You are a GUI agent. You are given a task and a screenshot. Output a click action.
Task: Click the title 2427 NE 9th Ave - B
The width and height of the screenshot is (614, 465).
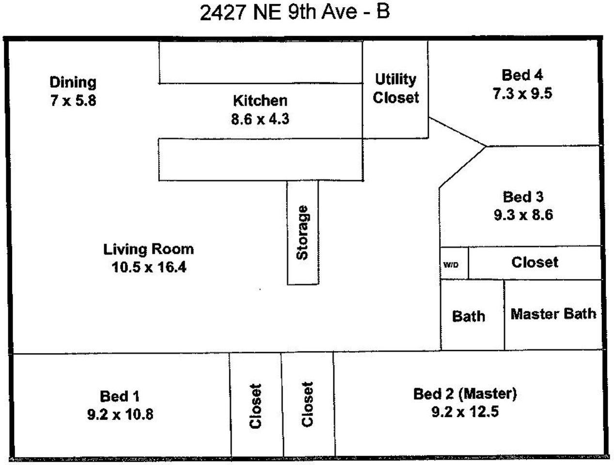295,12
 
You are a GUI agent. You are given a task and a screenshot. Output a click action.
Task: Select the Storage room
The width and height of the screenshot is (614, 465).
303,232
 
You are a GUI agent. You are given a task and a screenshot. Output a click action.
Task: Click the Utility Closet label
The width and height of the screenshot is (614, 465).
395,88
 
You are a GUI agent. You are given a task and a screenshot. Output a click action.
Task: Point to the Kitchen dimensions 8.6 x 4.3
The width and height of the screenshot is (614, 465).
260,119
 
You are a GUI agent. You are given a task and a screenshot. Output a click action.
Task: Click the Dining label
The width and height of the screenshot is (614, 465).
73,82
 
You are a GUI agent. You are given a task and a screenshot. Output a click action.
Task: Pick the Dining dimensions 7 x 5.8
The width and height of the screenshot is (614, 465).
73,101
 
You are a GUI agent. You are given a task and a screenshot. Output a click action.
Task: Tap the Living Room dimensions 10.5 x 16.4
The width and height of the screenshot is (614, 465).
149,267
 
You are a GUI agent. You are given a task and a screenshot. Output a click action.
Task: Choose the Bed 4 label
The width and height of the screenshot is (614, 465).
522,75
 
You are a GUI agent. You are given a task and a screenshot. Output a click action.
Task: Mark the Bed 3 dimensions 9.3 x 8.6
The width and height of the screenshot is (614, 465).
523,215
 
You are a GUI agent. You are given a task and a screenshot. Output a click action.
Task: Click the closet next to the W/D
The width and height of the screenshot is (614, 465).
535,263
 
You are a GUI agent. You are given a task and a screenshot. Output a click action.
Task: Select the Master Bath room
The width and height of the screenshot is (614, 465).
553,314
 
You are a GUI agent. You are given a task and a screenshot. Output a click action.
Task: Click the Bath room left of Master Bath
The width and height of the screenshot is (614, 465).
469,316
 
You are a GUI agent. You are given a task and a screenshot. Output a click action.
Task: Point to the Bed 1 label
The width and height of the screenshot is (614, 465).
120,396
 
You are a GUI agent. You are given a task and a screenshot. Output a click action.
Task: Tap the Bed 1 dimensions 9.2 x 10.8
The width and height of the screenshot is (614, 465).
120,415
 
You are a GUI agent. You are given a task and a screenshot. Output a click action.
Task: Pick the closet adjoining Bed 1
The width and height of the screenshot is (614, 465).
255,406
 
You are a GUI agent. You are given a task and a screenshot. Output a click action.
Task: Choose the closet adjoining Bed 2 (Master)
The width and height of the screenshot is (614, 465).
308,405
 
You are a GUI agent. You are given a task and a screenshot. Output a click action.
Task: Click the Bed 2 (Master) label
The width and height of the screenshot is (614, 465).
465,394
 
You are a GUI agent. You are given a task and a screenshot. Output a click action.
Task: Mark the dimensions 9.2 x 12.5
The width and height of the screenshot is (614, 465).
465,412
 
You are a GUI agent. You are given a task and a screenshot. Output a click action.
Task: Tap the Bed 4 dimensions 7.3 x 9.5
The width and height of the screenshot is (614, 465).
522,93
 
